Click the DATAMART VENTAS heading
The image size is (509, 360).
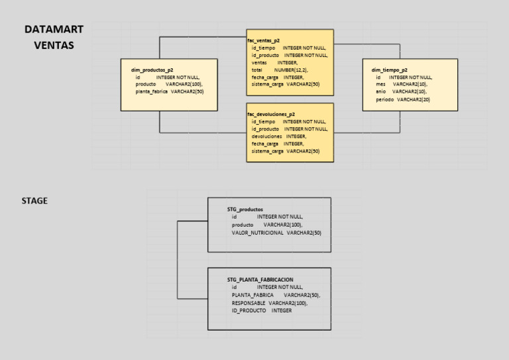(54, 37)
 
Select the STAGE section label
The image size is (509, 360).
(34, 201)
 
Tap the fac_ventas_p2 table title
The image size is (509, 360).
(264, 40)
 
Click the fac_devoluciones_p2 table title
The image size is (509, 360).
(271, 114)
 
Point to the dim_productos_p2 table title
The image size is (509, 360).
(152, 70)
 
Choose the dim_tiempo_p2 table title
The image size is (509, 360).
(389, 70)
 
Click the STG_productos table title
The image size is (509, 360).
(245, 209)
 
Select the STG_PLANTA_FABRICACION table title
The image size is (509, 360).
(260, 280)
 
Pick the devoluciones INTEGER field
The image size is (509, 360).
(278, 136)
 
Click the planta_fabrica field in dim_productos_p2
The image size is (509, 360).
(169, 91)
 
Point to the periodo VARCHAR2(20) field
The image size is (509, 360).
(402, 99)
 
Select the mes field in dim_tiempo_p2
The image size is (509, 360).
(401, 84)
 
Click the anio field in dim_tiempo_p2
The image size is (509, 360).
(401, 91)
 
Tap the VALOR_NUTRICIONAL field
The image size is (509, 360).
(276, 233)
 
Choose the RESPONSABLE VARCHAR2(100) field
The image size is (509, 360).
(269, 303)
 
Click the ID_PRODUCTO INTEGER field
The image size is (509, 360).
(261, 310)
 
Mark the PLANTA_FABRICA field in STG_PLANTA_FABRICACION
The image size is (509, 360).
(276, 295)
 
